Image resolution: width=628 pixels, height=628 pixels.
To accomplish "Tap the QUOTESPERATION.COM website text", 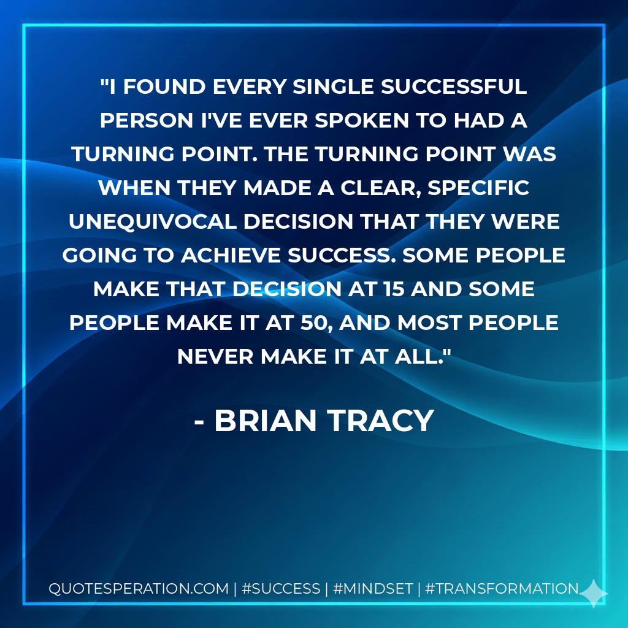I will [x=138, y=589].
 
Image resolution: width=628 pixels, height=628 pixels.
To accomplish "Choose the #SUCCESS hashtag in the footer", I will [x=281, y=589].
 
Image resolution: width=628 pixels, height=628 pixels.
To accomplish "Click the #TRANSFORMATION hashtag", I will [x=501, y=589].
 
